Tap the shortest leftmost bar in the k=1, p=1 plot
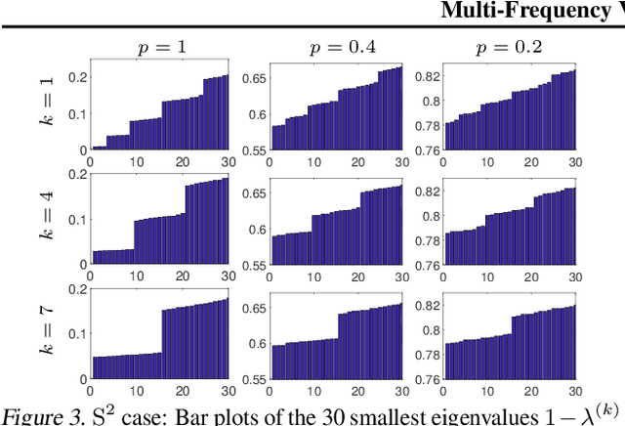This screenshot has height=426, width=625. tap(93, 148)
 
